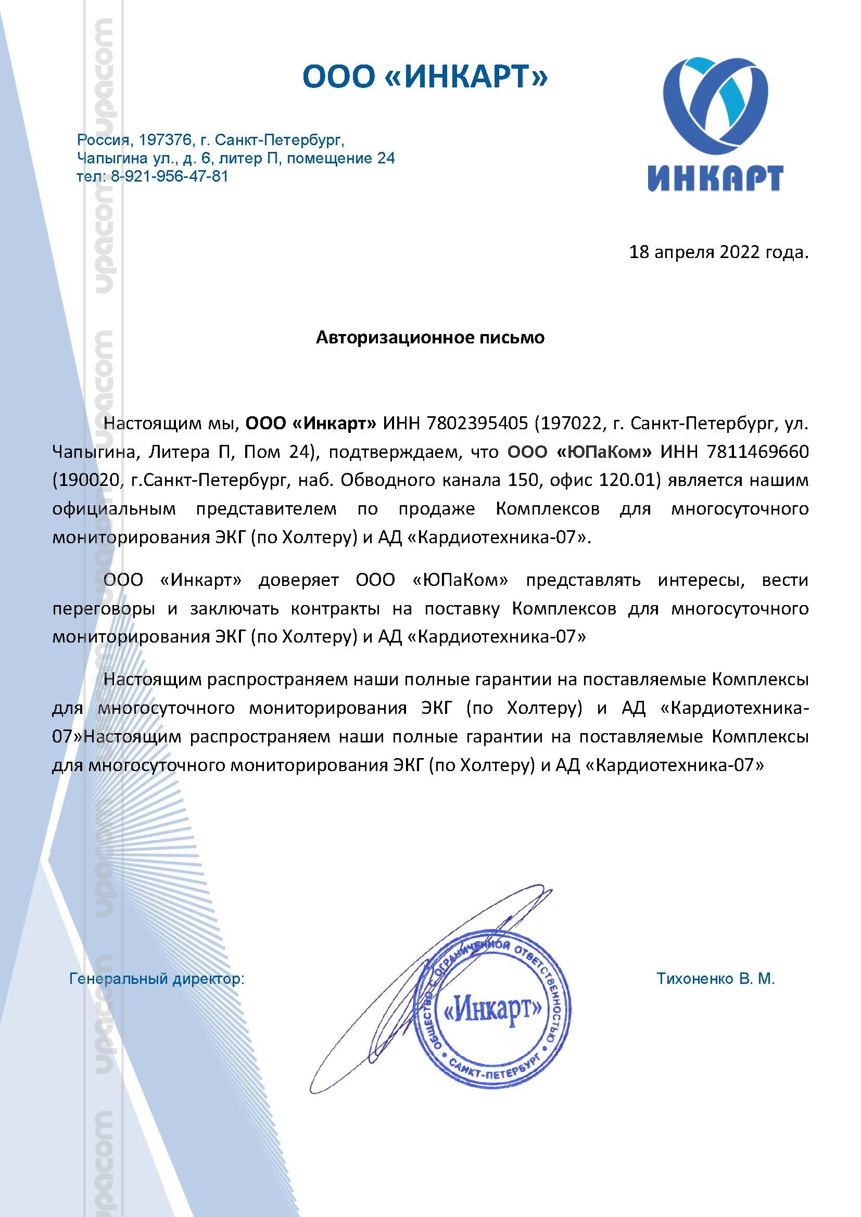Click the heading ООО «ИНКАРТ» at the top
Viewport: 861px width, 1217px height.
425,76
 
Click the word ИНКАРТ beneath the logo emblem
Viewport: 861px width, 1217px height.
715,178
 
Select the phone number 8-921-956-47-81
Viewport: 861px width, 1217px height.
169,176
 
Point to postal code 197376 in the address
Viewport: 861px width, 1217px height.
164,140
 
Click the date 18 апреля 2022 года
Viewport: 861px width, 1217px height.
718,252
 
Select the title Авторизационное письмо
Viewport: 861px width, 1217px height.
430,338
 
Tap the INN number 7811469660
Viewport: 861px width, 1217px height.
758,452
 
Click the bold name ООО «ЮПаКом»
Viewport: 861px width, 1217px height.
579,452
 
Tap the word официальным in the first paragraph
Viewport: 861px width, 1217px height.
114,509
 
